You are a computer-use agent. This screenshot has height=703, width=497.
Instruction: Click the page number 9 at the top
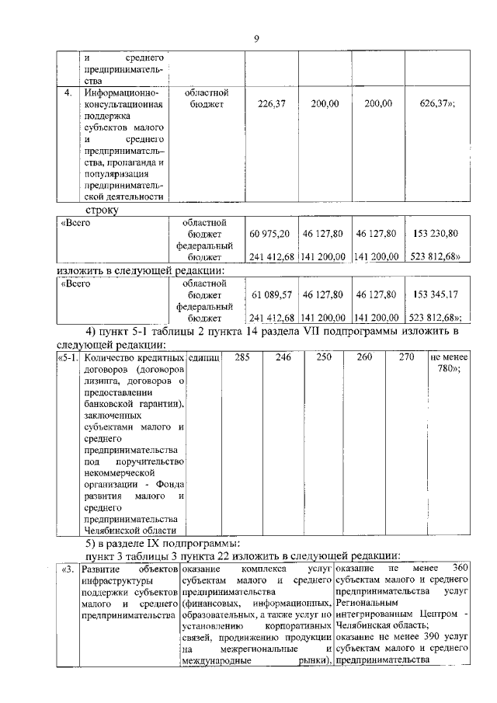point(255,40)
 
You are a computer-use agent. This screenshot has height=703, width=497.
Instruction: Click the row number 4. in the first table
point(68,92)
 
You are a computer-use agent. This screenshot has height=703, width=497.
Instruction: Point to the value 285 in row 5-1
point(242,358)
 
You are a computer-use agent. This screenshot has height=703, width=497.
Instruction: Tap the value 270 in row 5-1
point(406,358)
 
